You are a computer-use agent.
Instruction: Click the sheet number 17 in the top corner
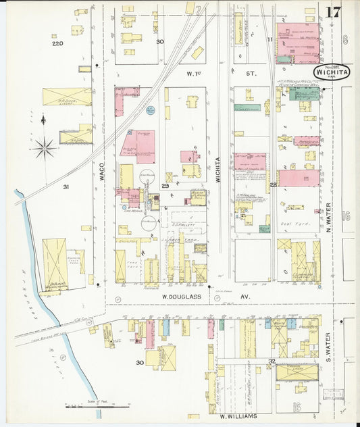click(x=332, y=12)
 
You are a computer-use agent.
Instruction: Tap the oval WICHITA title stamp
click(x=330, y=72)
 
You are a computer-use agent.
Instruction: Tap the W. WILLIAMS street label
click(x=238, y=417)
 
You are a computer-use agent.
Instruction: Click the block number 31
click(x=66, y=186)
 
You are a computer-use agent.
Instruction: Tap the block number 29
click(x=165, y=185)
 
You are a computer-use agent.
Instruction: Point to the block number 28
click(x=273, y=184)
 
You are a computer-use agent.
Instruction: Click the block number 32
click(x=272, y=361)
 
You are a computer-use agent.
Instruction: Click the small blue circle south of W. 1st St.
click(x=149, y=111)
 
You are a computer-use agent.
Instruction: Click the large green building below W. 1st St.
click(x=304, y=93)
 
